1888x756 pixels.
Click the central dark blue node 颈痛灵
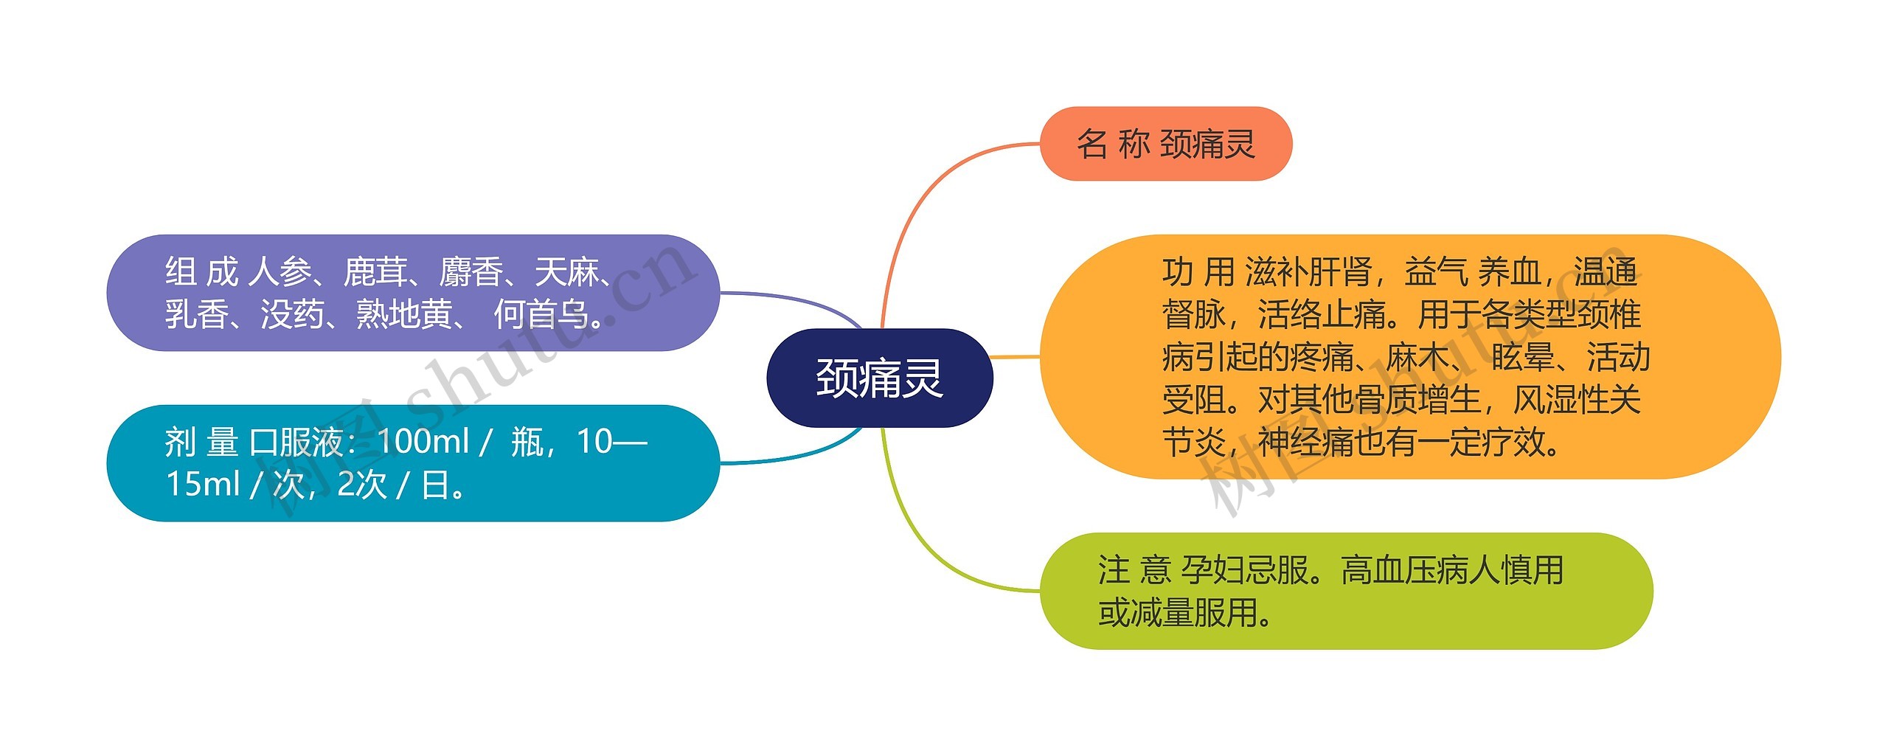tap(880, 378)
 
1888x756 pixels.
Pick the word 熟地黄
tap(403, 314)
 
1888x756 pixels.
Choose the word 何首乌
tap(541, 314)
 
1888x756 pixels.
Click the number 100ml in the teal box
tap(423, 442)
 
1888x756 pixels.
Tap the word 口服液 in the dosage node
tap(296, 442)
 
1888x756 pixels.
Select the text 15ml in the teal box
tap(203, 485)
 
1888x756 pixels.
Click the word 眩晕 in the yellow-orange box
tap(1523, 358)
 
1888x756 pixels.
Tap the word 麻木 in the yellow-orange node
tap(1417, 358)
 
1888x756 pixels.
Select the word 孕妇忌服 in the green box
tap(1245, 570)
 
